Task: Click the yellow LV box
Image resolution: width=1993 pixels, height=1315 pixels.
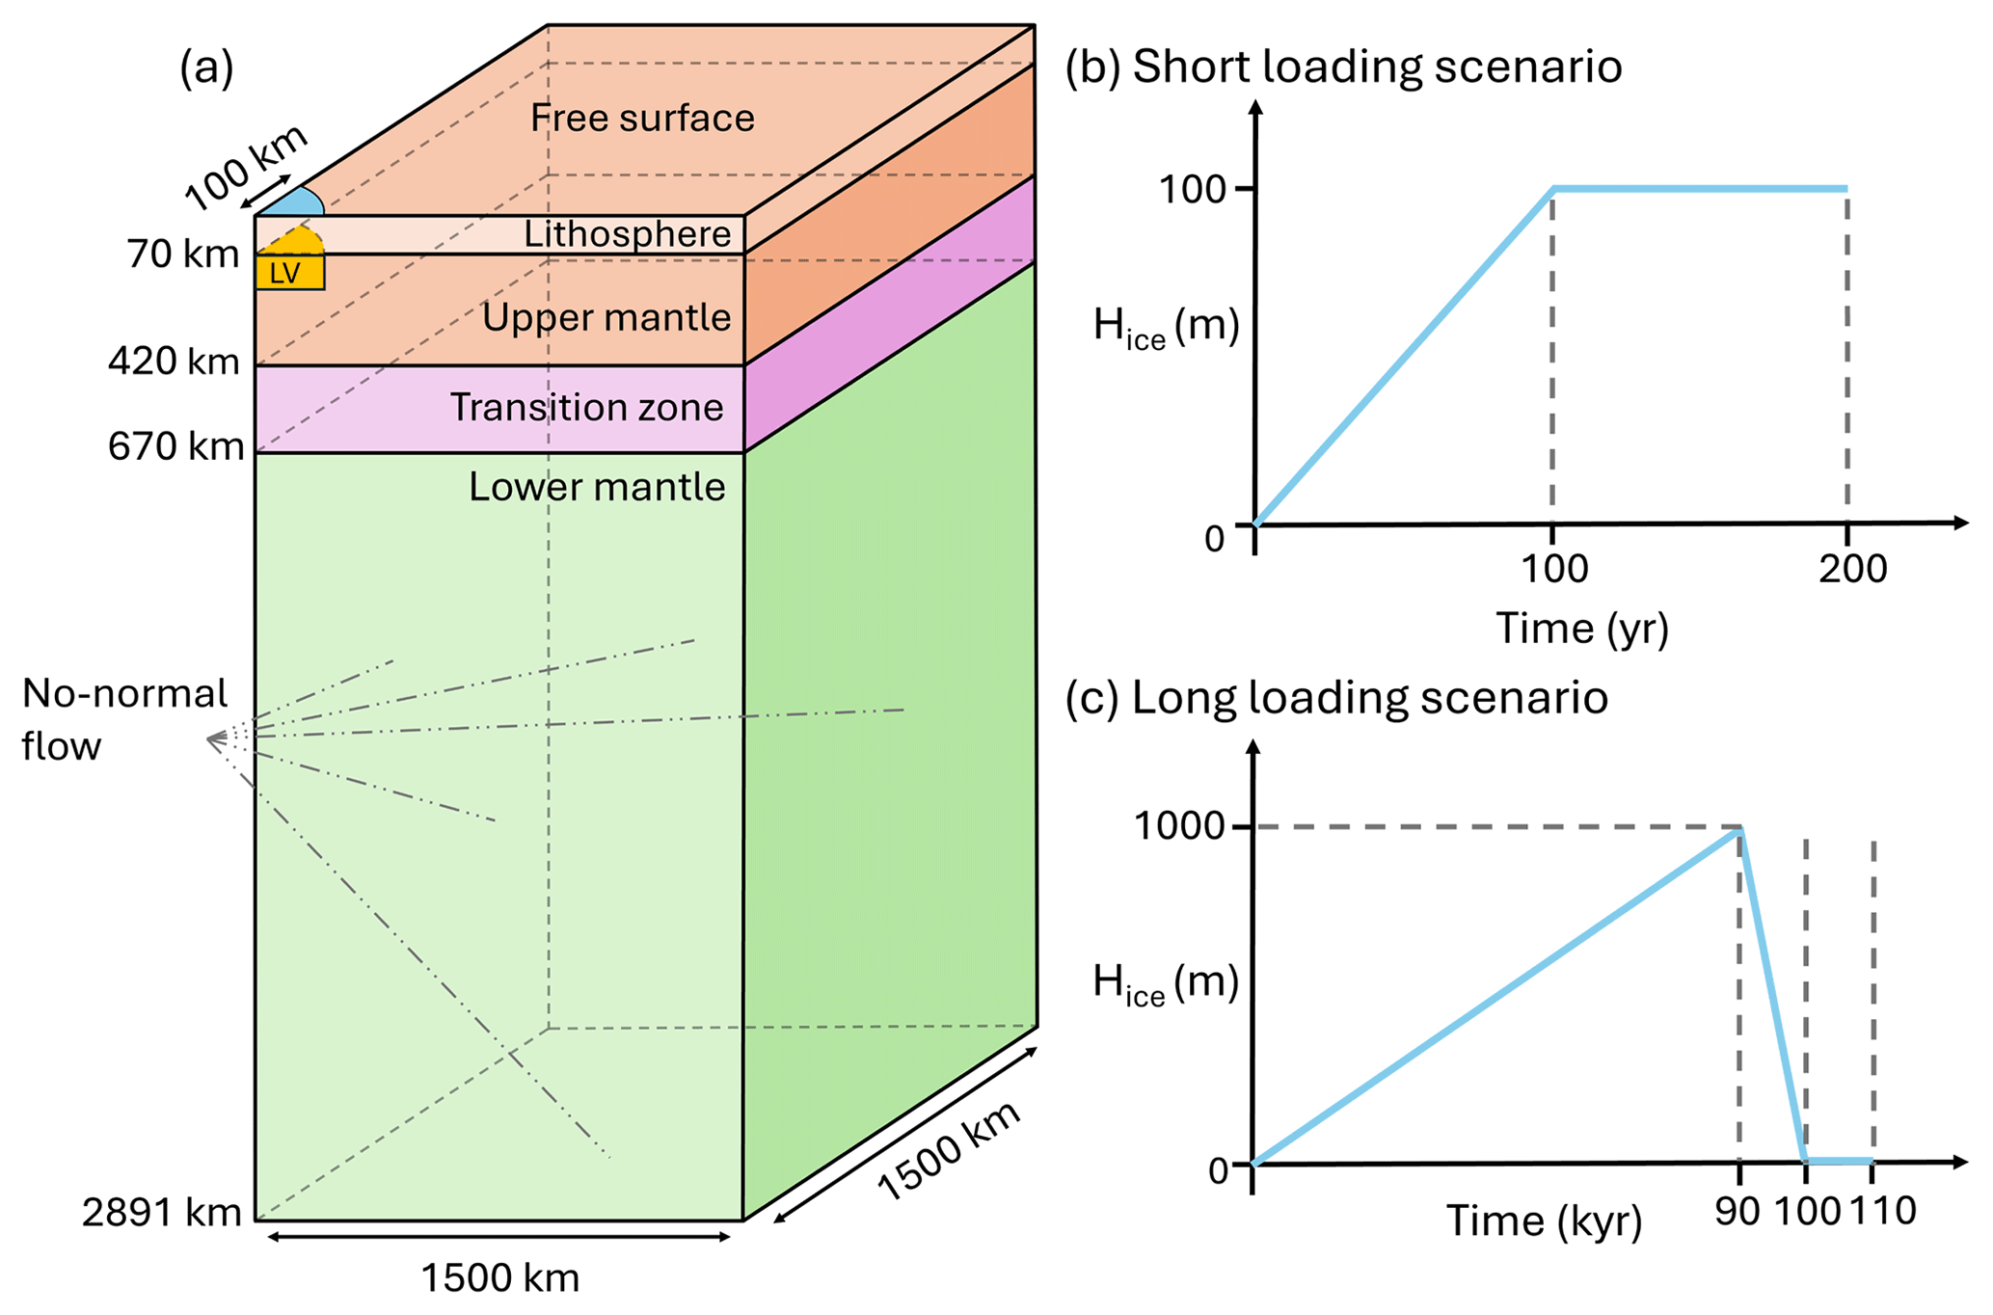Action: [289, 273]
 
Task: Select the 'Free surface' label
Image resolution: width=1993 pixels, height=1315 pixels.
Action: [642, 118]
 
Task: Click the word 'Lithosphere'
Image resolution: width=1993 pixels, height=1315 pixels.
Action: [627, 234]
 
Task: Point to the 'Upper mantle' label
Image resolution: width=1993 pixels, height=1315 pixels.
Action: [606, 317]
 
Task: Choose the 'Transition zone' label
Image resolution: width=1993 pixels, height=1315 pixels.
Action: [586, 407]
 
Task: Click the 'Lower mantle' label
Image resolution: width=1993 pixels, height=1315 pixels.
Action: [597, 487]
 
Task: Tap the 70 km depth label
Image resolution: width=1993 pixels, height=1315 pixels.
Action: [183, 255]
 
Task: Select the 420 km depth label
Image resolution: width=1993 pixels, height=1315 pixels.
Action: [174, 362]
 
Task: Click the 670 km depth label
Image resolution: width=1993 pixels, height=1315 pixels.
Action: [175, 446]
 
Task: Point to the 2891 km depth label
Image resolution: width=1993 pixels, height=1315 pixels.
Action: [161, 1213]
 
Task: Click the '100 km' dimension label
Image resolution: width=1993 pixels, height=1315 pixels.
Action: [246, 168]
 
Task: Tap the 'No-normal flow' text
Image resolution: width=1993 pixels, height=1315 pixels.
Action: [123, 719]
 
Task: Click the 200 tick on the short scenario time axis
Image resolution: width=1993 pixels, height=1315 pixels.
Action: [1852, 569]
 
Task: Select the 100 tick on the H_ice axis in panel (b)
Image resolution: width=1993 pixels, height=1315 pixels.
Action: [1192, 190]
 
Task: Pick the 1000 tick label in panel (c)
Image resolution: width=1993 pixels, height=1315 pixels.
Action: [1178, 826]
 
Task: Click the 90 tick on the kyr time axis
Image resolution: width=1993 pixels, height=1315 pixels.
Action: [1737, 1212]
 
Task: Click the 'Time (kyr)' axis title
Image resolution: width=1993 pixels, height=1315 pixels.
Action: [1544, 1221]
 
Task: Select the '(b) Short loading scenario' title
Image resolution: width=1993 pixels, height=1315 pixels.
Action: [1343, 67]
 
